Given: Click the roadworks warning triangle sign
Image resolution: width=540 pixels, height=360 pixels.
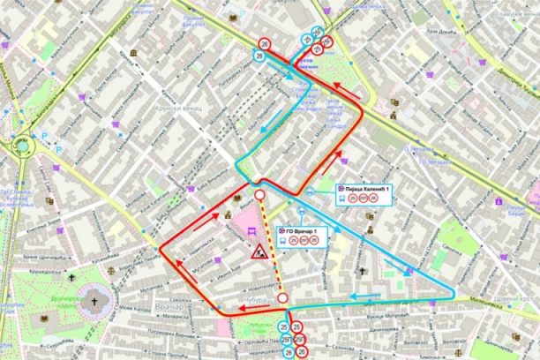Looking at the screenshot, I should coord(261,253).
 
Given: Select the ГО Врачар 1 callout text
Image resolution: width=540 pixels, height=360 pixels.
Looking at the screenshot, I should coord(304,231).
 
